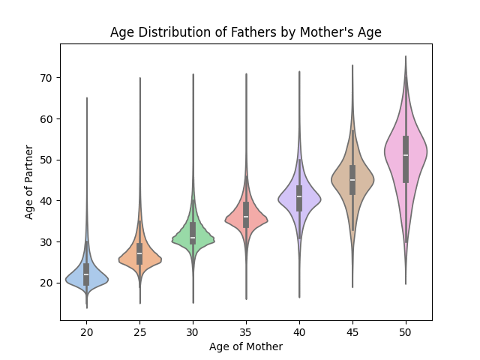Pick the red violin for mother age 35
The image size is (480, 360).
click(x=237, y=220)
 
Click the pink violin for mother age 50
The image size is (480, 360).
click(x=395, y=154)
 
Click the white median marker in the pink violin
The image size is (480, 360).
click(x=406, y=155)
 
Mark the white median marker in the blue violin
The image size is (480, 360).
click(x=86, y=274)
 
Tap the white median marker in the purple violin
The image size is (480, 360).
click(x=299, y=196)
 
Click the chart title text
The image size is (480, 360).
click(x=246, y=32)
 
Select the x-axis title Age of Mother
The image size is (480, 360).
click(x=246, y=346)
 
